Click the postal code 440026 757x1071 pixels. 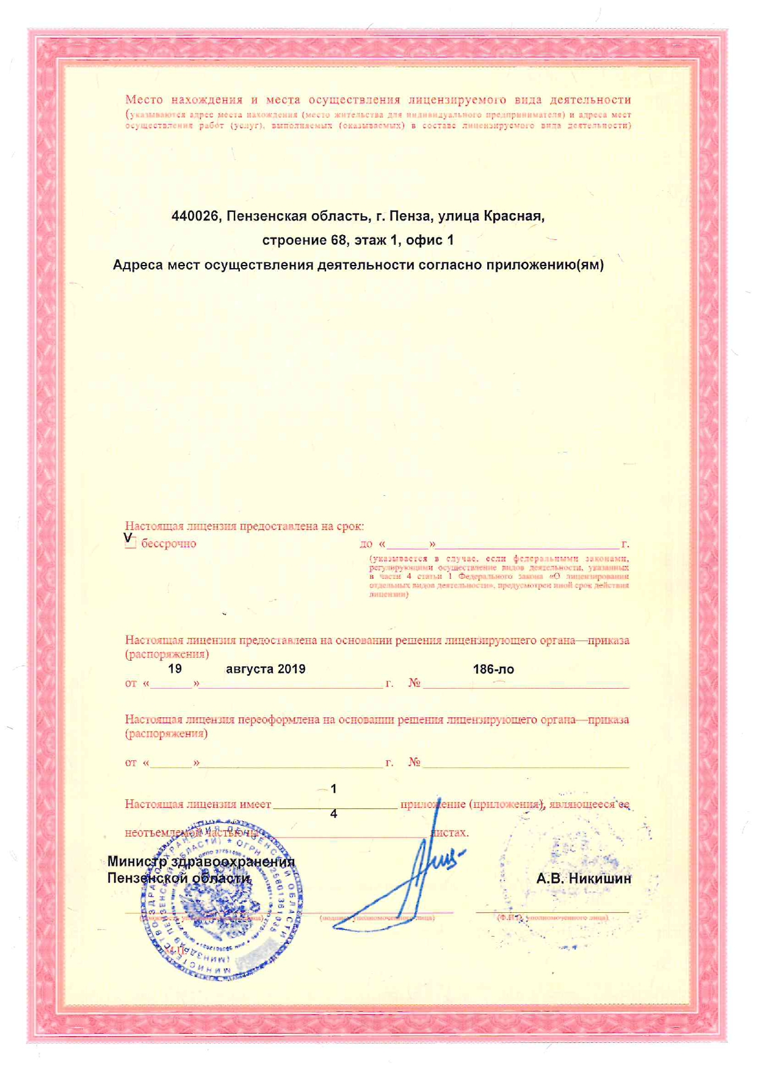point(195,216)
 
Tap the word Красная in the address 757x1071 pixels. point(513,216)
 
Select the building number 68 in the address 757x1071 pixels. point(339,241)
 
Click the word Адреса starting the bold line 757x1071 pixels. point(139,265)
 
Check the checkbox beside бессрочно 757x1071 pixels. point(130,543)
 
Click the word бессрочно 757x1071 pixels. point(168,543)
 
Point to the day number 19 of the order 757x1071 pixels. point(175,669)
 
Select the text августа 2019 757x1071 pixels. point(266,669)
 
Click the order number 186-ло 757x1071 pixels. point(493,670)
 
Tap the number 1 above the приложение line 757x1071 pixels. point(333,789)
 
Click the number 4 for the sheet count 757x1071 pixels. point(333,814)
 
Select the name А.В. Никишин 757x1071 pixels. point(584,879)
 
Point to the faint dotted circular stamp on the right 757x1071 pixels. point(574,879)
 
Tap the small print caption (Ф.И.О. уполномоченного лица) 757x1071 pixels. point(552,917)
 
